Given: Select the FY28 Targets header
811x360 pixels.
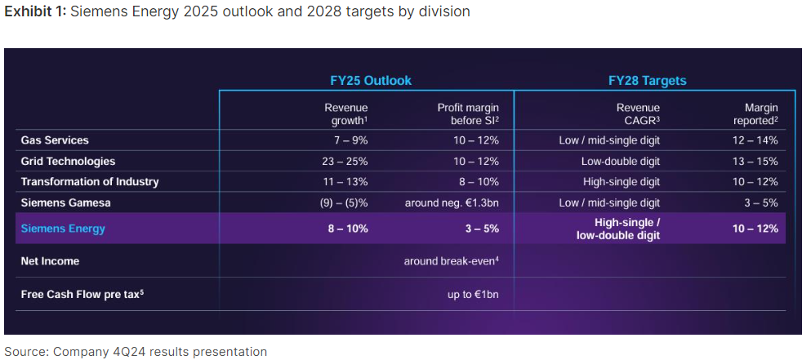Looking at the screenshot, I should (647, 81).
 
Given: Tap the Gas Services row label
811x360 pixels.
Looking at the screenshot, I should (55, 140).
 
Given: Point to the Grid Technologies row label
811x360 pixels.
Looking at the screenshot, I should (68, 161).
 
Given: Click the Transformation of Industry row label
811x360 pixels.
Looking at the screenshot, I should (90, 181).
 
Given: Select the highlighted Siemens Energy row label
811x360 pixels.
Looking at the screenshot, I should (63, 229).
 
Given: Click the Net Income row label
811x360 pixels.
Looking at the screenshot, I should (50, 261).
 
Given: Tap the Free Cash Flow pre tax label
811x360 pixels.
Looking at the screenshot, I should (82, 294).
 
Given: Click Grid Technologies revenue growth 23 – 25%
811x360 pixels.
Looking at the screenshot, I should (345, 161).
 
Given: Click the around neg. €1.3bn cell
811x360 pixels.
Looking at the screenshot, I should (452, 202).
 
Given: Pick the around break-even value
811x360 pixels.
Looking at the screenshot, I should (452, 261).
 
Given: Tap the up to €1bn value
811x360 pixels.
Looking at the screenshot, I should (473, 294).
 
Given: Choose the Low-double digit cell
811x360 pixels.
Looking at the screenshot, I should (621, 161).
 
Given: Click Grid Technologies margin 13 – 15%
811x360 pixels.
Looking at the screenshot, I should (755, 161).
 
